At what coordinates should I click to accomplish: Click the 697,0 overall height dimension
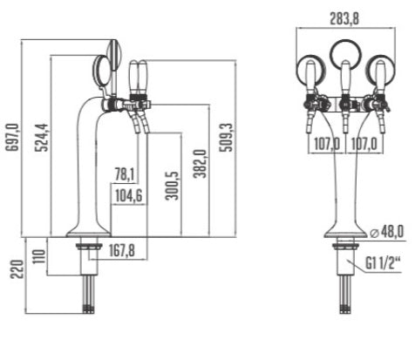pyautogui.click(x=13, y=138)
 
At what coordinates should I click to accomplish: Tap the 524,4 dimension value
pyautogui.click(x=42, y=138)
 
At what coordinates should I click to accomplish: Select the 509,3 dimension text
pyautogui.click(x=227, y=138)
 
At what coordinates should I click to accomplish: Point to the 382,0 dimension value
pyautogui.click(x=201, y=164)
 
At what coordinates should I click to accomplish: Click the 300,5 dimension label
pyautogui.click(x=172, y=186)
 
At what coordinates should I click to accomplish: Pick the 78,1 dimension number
pyautogui.click(x=125, y=174)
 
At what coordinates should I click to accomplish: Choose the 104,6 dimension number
pyautogui.click(x=129, y=195)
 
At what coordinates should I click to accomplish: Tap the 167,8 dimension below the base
pyautogui.click(x=122, y=250)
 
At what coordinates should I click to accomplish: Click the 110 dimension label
pyautogui.click(x=39, y=256)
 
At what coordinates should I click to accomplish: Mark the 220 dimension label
pyautogui.click(x=17, y=269)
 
